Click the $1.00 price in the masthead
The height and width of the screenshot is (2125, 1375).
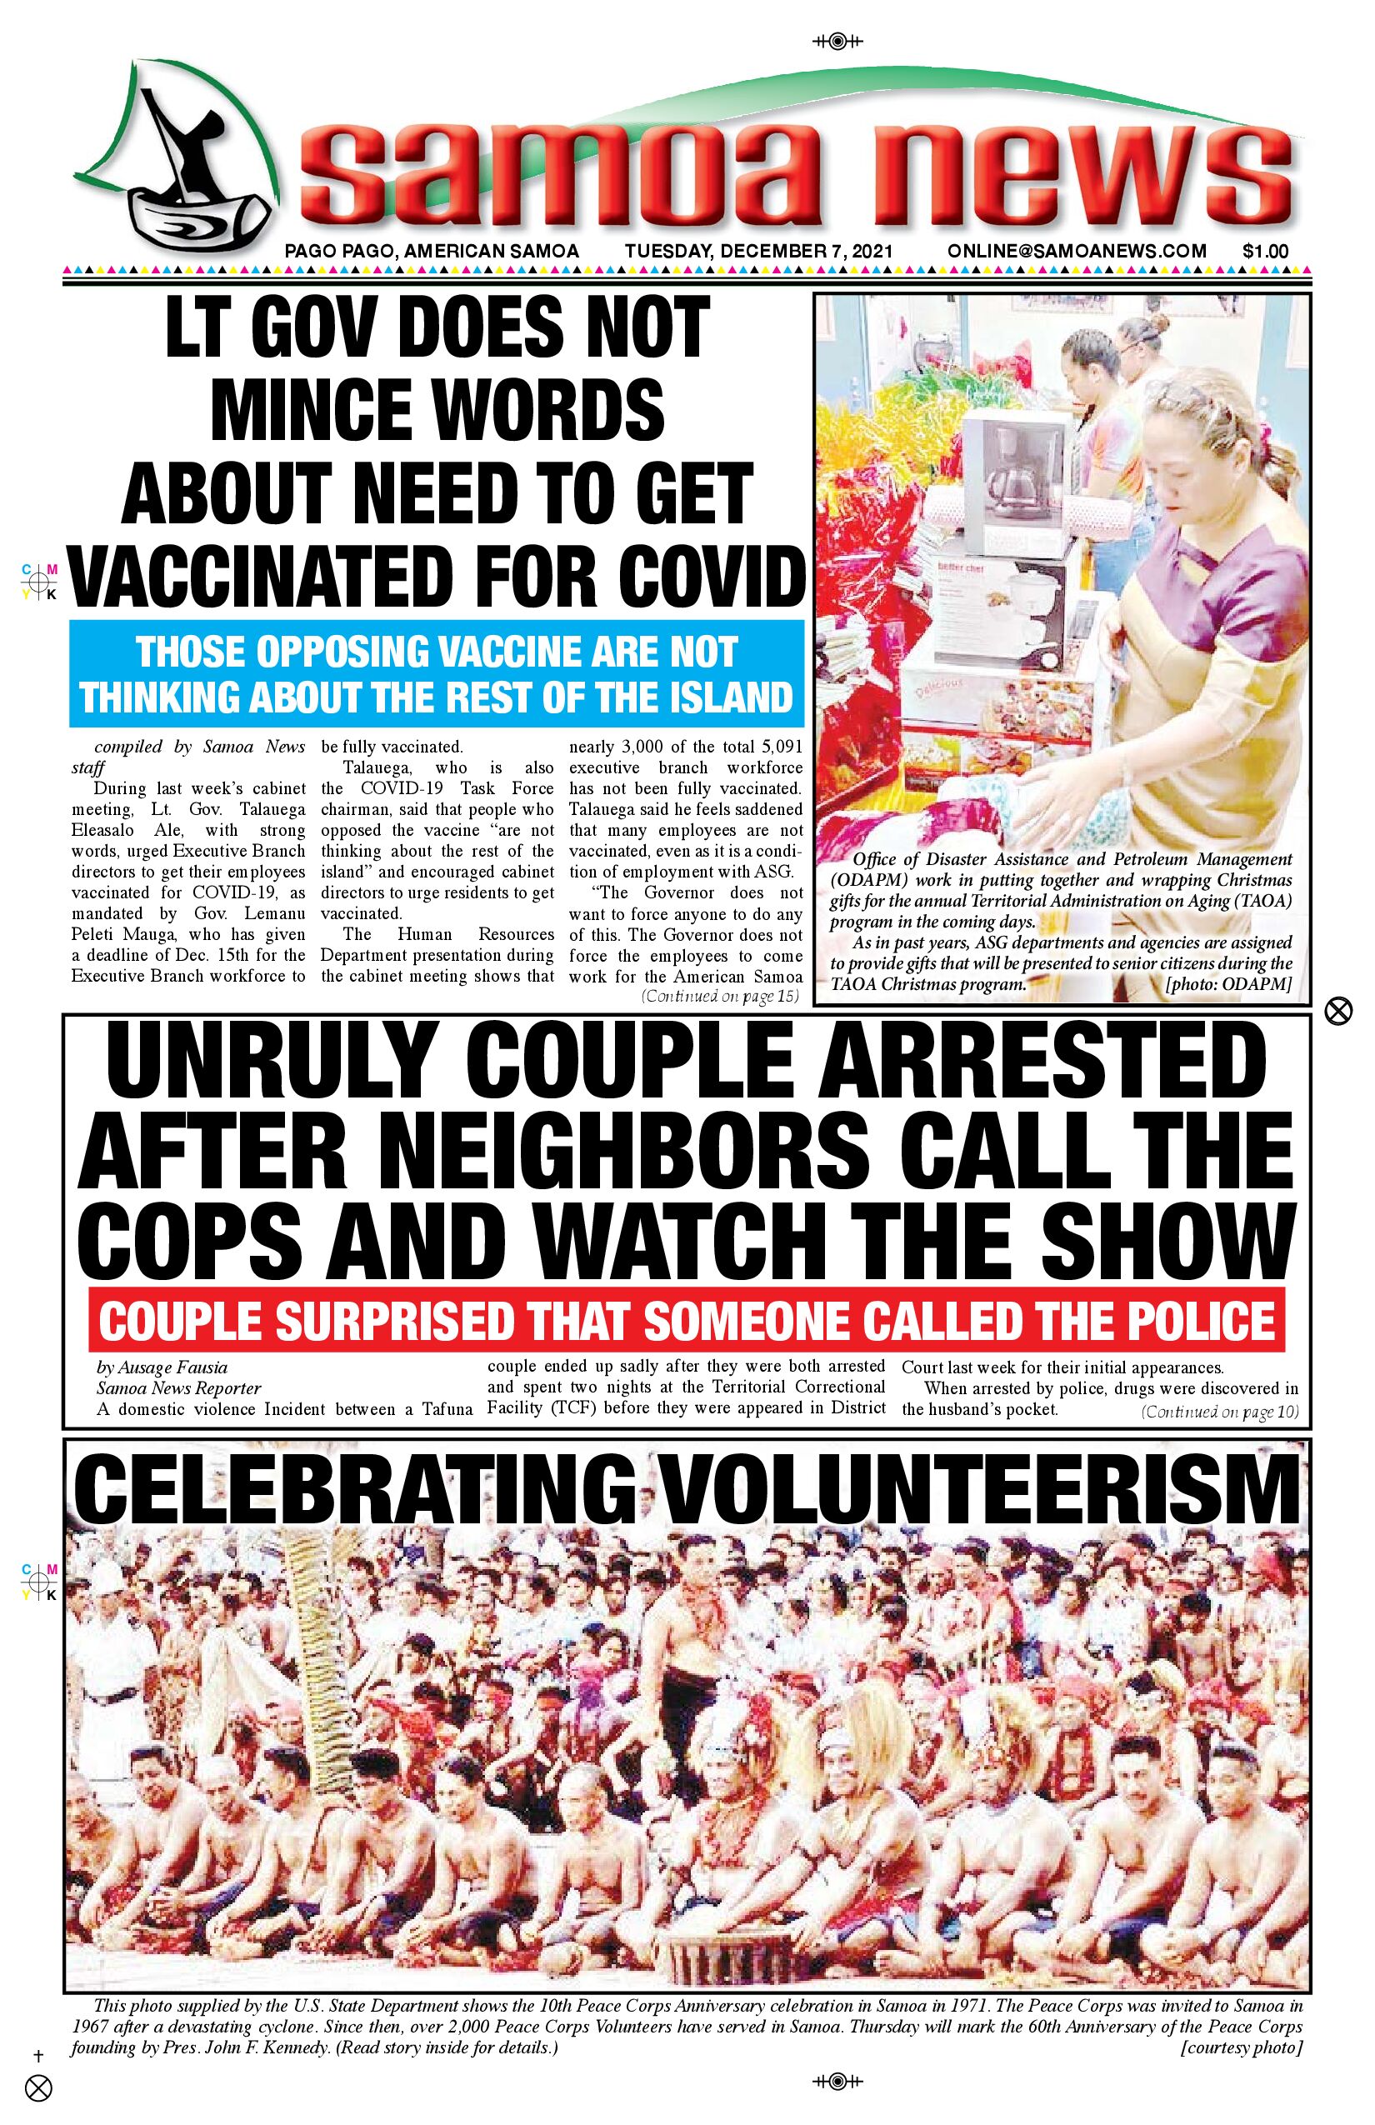point(1264,251)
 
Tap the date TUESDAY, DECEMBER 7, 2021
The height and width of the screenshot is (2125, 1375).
point(758,251)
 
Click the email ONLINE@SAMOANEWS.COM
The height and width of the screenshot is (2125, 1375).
point(1077,251)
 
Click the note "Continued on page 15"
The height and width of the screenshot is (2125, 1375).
point(720,997)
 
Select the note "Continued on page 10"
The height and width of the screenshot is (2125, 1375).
point(1220,1412)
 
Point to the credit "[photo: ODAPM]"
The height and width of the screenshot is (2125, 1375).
point(1228,985)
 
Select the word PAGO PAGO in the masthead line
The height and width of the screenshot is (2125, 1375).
point(338,251)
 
